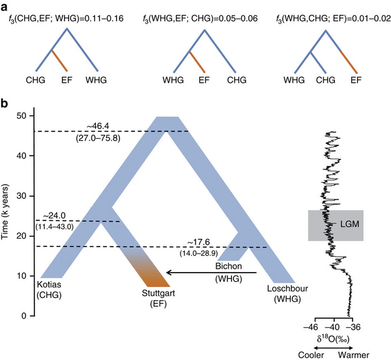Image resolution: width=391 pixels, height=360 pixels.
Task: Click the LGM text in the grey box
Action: coord(341,224)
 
